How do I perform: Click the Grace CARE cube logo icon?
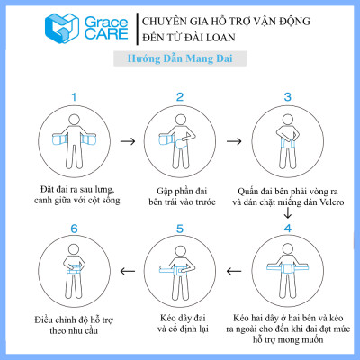point(56,30)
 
